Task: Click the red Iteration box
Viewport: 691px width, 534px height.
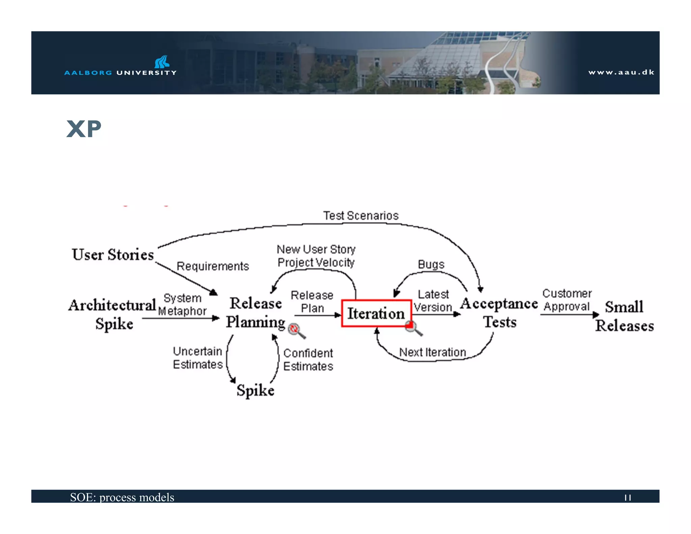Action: pyautogui.click(x=376, y=313)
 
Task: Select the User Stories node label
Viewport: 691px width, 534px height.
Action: pyautogui.click(x=113, y=255)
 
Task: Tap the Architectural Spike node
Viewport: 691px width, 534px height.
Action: pyautogui.click(x=113, y=314)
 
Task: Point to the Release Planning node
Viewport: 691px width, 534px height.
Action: pyautogui.click(x=255, y=313)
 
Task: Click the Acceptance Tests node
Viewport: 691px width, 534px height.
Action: pyautogui.click(x=499, y=313)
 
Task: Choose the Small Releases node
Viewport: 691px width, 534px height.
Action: pyautogui.click(x=624, y=316)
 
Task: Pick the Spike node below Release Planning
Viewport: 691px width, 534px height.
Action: pyautogui.click(x=255, y=391)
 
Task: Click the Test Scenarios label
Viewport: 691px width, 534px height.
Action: pyautogui.click(x=361, y=216)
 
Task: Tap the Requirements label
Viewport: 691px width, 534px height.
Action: pyautogui.click(x=213, y=266)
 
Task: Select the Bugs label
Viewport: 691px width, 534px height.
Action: pyautogui.click(x=431, y=264)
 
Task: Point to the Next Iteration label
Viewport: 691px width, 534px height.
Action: pyautogui.click(x=432, y=352)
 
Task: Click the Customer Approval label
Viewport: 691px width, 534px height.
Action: pyautogui.click(x=567, y=300)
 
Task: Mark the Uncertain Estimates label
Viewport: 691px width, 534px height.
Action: pyautogui.click(x=198, y=358)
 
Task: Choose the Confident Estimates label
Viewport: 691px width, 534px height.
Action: pyautogui.click(x=308, y=360)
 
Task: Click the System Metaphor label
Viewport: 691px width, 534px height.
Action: pyautogui.click(x=182, y=304)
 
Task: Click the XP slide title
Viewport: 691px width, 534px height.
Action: pyautogui.click(x=84, y=129)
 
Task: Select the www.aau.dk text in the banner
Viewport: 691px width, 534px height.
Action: pyautogui.click(x=621, y=72)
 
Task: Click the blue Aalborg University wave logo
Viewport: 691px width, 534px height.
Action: pyautogui.click(x=162, y=62)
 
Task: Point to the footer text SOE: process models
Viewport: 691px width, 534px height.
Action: pyautogui.click(x=122, y=497)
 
